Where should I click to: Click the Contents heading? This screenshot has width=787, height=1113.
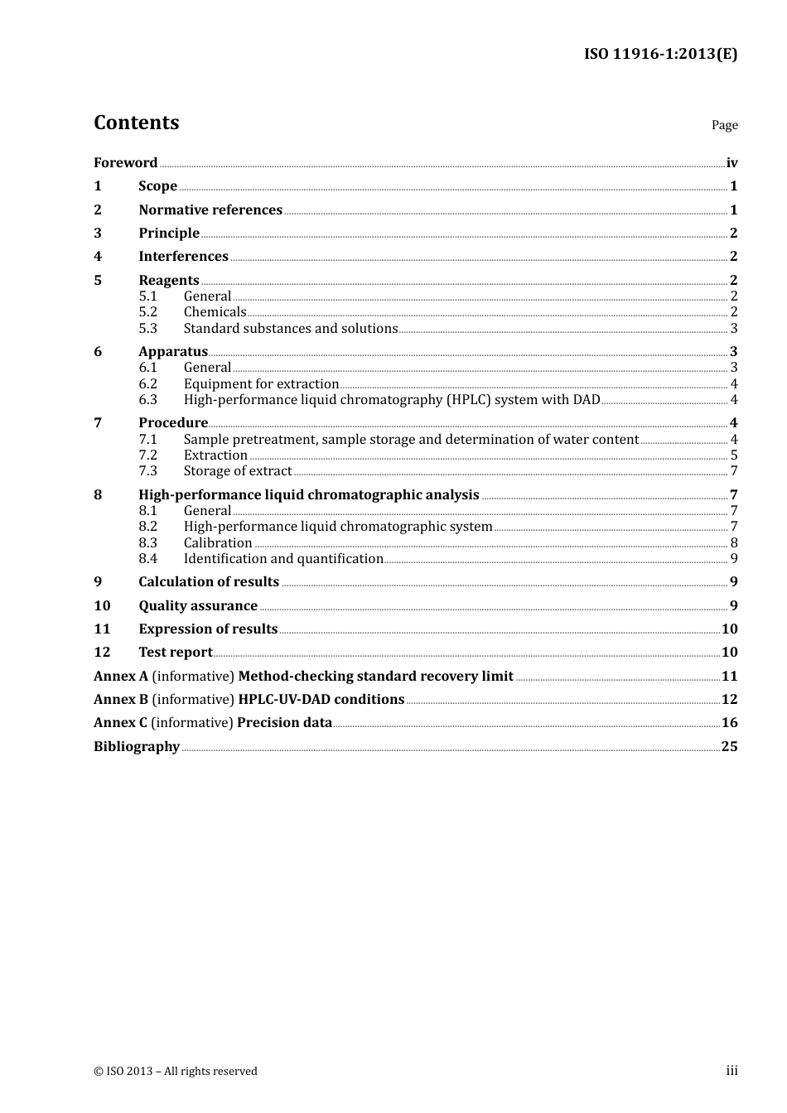point(136,123)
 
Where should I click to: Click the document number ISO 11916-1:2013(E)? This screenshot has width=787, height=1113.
point(660,54)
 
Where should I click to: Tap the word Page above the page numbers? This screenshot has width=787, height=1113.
point(724,125)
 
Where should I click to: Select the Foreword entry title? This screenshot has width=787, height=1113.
point(125,163)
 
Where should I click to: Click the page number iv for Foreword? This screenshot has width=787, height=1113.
point(731,163)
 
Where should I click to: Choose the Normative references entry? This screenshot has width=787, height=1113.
point(210,210)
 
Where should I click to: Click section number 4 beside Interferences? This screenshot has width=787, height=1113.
point(98,257)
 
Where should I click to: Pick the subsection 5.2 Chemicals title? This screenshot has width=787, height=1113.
point(215,312)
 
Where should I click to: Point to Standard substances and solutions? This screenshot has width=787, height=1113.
point(290,329)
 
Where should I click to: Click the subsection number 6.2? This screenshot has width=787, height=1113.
point(147,384)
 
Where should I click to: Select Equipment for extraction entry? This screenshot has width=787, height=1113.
point(261,384)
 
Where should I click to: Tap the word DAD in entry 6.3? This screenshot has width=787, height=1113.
point(587,400)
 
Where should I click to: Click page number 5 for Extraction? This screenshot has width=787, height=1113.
point(734,455)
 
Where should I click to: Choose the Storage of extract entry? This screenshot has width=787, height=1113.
point(237,471)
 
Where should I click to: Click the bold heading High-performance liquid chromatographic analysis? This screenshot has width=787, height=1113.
point(308,495)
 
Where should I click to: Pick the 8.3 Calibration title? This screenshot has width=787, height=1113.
point(217,543)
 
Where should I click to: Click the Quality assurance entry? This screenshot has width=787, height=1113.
point(197,606)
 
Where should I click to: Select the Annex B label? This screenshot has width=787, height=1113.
point(121,700)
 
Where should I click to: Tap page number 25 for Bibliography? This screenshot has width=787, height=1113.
point(729,747)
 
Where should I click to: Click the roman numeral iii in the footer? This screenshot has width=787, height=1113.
point(731,1071)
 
